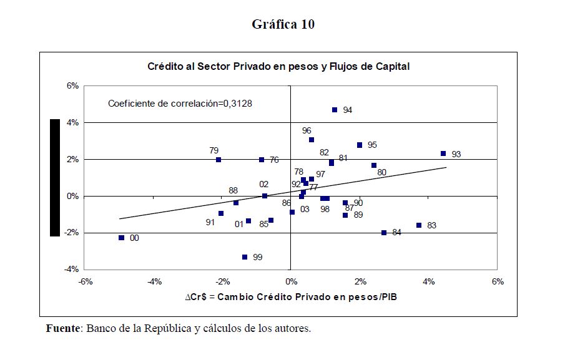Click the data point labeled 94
click(x=335, y=110)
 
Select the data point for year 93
click(x=443, y=153)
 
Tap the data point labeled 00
click(x=122, y=238)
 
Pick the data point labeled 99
click(x=245, y=257)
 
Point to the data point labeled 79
click(x=219, y=160)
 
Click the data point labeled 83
click(x=419, y=225)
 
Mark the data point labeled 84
click(x=384, y=233)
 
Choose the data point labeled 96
click(x=312, y=140)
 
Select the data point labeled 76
click(x=262, y=160)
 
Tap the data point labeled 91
click(x=221, y=213)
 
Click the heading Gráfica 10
click(x=283, y=24)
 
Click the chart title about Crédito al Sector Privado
click(x=278, y=66)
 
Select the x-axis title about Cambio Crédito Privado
click(x=291, y=297)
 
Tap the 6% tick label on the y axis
click(x=73, y=86)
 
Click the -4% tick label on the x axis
click(x=155, y=281)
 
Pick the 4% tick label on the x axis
click(x=428, y=281)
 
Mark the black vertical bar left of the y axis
click(x=55, y=178)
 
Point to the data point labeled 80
click(x=374, y=165)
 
